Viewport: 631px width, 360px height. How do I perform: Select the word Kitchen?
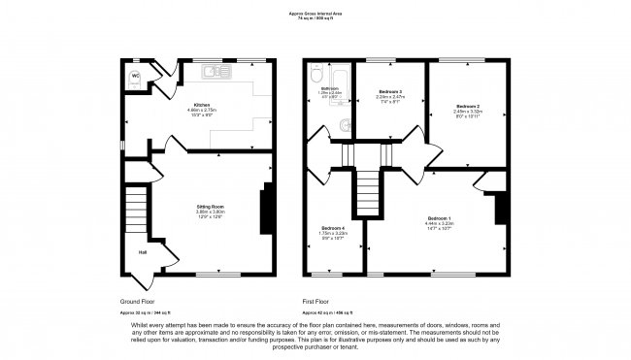pos(203,104)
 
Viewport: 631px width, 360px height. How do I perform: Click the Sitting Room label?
pos(211,207)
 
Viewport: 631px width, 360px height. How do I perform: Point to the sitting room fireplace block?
pos(265,210)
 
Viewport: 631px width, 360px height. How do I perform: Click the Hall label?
pos(142,253)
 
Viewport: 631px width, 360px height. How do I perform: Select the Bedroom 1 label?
pos(439,217)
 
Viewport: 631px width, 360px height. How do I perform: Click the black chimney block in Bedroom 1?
pos(502,208)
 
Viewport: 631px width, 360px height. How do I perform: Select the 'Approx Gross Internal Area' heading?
pos(315,13)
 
